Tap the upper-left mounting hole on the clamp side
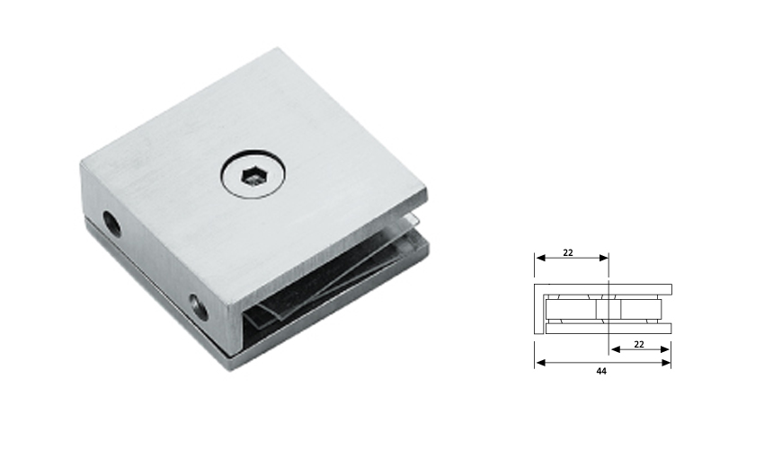tap(112, 221)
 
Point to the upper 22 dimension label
tap(568, 252)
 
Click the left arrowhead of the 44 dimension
tap(538, 363)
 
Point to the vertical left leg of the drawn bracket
tap(539, 310)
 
